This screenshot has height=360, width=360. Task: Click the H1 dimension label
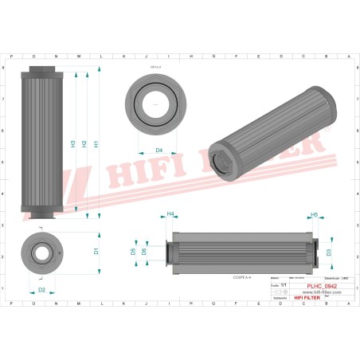(96, 144)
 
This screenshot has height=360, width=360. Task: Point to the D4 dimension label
(158, 150)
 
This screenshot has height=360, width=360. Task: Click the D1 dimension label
(96, 252)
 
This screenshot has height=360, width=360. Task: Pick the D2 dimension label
(41, 290)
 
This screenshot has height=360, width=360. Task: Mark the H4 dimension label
(170, 214)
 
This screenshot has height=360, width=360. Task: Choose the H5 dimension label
(314, 214)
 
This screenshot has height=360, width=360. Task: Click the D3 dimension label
(328, 252)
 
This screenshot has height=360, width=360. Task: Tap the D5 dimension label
(132, 252)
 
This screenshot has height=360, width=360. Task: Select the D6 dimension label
(143, 252)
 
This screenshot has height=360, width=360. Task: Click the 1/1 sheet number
(284, 285)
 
